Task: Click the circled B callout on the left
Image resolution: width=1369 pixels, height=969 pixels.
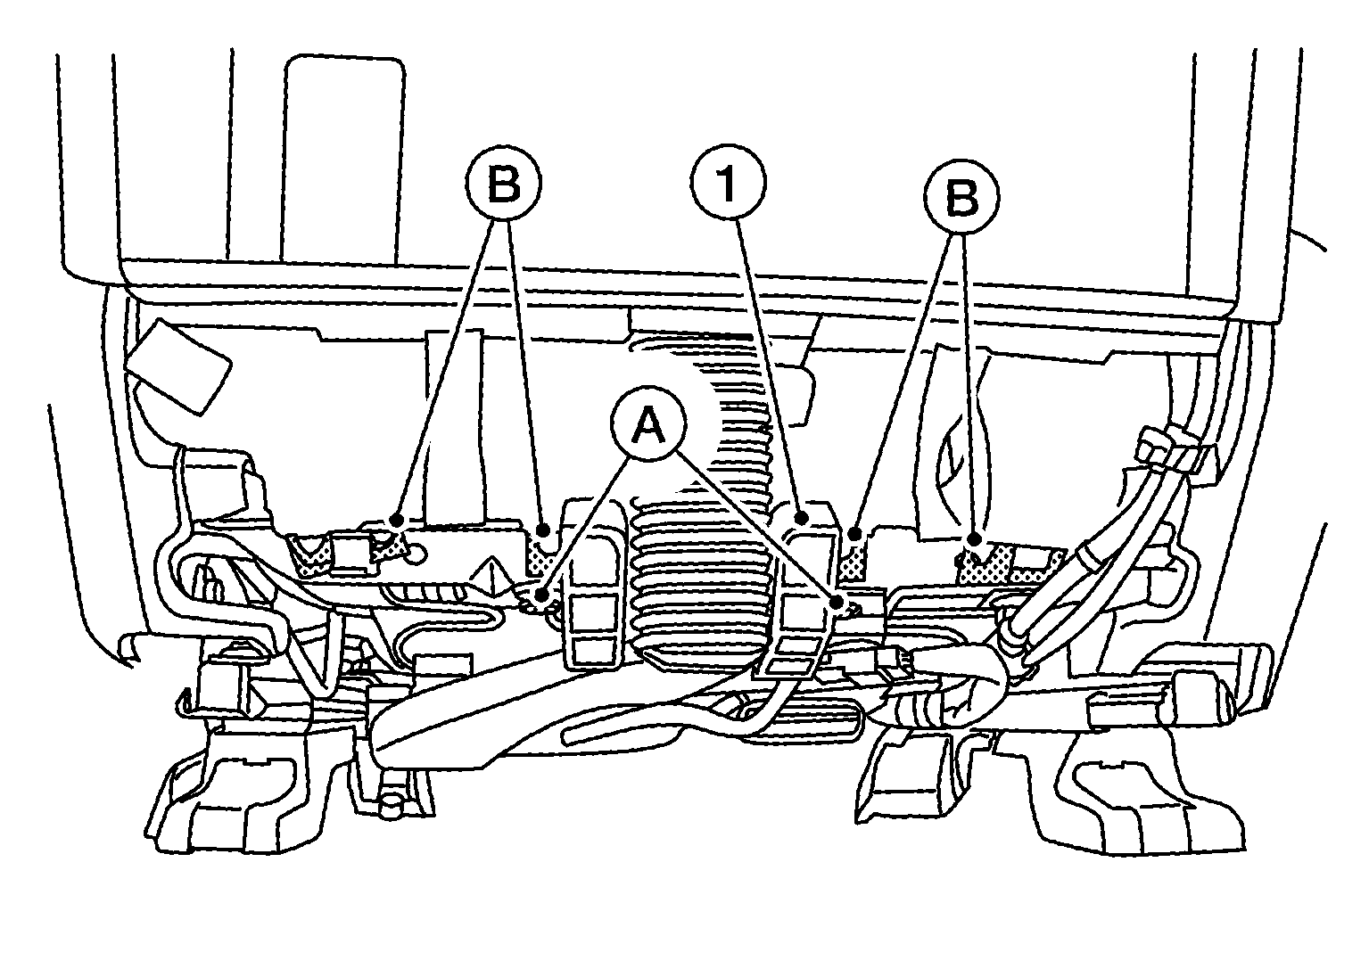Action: (504, 184)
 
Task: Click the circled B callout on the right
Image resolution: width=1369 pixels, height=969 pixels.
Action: (961, 197)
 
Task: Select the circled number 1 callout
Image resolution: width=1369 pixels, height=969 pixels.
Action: (728, 183)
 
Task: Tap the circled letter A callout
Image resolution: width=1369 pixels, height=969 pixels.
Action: (648, 424)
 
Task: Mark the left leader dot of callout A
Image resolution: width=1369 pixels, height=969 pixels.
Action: (541, 594)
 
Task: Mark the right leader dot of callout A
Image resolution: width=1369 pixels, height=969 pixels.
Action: (837, 604)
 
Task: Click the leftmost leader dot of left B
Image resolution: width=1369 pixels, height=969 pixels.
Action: (397, 520)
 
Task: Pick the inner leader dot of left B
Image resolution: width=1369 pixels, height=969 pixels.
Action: (542, 530)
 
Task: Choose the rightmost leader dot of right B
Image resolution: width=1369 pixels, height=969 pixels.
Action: (974, 538)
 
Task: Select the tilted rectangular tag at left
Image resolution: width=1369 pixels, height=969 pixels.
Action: (177, 366)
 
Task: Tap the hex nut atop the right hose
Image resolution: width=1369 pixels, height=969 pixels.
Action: (1153, 444)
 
